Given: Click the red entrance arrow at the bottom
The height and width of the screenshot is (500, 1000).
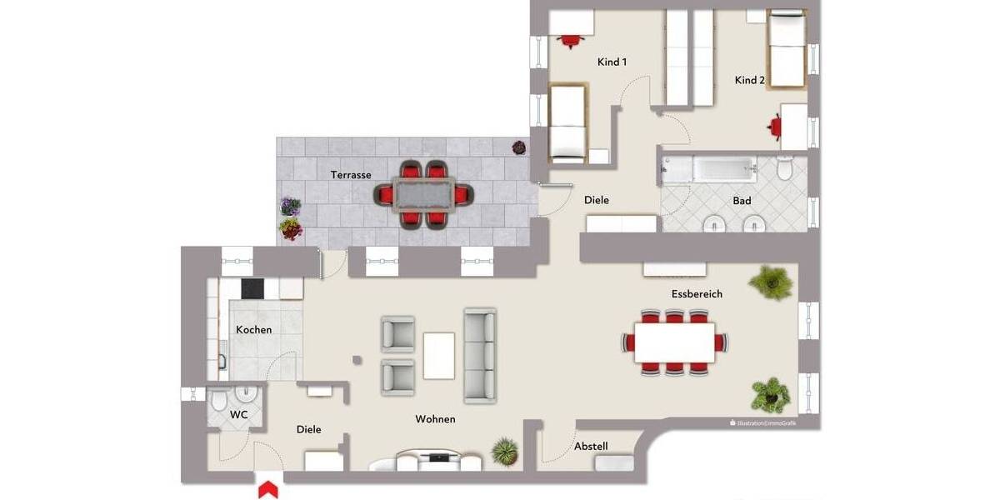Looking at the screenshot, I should (x=268, y=490).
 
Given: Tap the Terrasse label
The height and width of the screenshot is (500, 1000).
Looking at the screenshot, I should (x=350, y=175).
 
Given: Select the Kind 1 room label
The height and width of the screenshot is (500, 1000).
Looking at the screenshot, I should (x=612, y=62).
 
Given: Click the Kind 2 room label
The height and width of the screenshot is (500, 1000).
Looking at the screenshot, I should (x=749, y=80).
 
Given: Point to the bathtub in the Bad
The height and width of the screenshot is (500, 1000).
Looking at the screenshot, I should (x=708, y=169).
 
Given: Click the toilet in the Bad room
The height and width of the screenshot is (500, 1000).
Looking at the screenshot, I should (x=783, y=169).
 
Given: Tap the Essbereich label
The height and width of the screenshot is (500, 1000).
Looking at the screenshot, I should (x=697, y=294).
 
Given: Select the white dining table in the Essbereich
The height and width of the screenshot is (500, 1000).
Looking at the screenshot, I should (x=674, y=342).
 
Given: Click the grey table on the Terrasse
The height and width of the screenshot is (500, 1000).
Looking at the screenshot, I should (x=422, y=195).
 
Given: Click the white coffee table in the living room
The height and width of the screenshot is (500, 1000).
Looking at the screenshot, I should (x=439, y=355).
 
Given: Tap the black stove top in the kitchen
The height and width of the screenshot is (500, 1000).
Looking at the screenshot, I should (x=252, y=288).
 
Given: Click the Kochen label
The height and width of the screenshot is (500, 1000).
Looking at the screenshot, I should (x=253, y=329).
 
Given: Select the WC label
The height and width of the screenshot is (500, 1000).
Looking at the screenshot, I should (x=238, y=414).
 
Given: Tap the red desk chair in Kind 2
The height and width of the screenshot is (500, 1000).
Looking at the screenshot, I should (x=775, y=125).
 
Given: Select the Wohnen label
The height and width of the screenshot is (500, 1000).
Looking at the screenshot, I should (x=435, y=419).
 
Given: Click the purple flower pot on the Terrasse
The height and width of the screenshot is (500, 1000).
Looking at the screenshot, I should (x=290, y=206).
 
